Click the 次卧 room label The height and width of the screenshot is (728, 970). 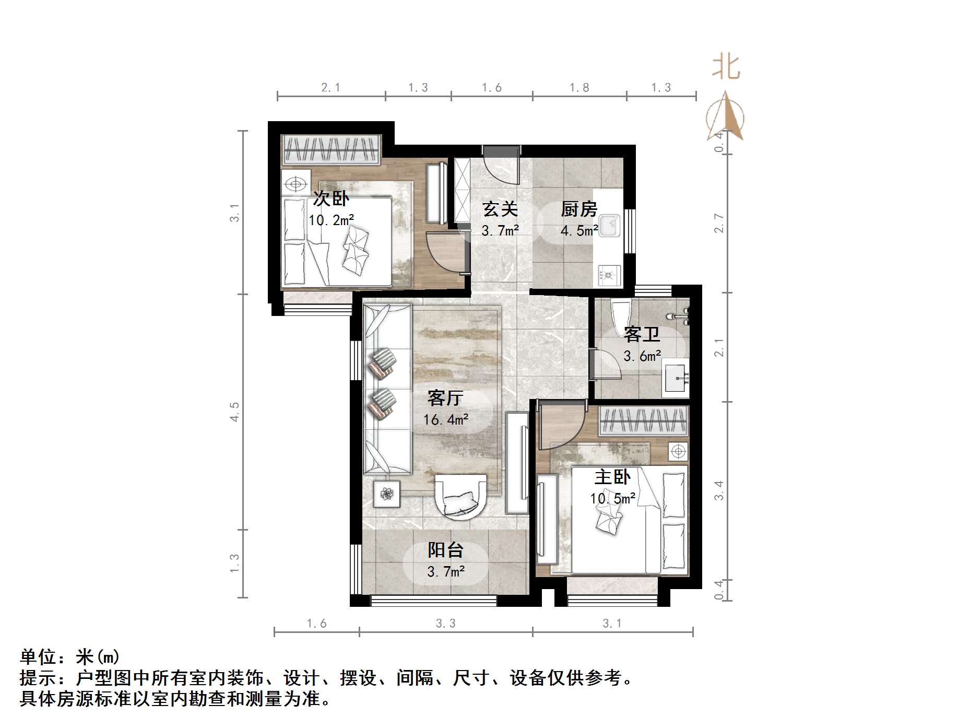[331, 198]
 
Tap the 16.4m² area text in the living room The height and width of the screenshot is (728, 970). [445, 419]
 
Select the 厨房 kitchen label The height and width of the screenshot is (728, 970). [579, 209]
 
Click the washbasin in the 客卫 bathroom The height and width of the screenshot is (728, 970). [676, 378]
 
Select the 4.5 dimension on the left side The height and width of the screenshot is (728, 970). [235, 411]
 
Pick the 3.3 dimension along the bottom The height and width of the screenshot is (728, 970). [445, 623]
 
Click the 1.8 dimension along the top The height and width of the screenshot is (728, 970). [579, 87]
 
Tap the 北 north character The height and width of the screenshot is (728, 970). [726, 67]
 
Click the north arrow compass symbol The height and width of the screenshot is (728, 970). [726, 118]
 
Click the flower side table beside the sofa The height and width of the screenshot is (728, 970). [387, 494]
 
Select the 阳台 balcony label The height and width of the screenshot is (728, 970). [445, 550]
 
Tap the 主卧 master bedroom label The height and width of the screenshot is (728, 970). [612, 477]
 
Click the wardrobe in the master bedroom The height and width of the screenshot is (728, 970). [643, 421]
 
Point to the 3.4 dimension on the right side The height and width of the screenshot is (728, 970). [719, 490]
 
